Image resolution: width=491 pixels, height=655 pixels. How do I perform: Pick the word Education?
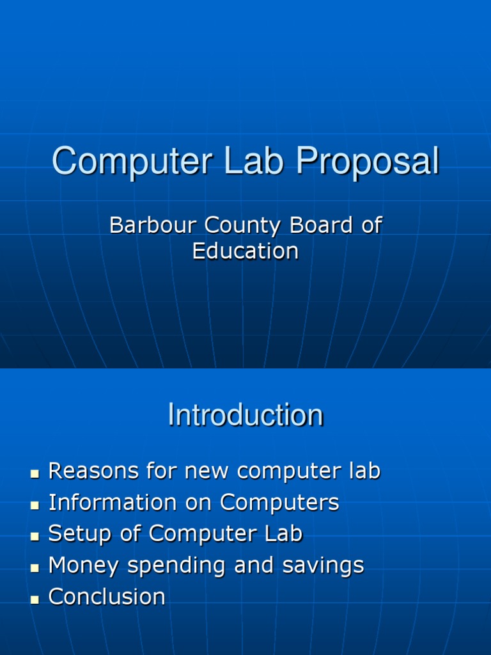point(245,251)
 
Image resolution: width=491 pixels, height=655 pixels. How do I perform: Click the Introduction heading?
point(245,415)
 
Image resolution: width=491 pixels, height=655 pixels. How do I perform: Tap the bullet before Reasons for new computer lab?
point(35,474)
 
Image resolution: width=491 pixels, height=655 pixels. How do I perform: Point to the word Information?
point(113,503)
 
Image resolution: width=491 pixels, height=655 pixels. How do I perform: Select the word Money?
point(84,565)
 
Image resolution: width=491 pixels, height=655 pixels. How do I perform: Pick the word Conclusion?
point(107,597)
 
